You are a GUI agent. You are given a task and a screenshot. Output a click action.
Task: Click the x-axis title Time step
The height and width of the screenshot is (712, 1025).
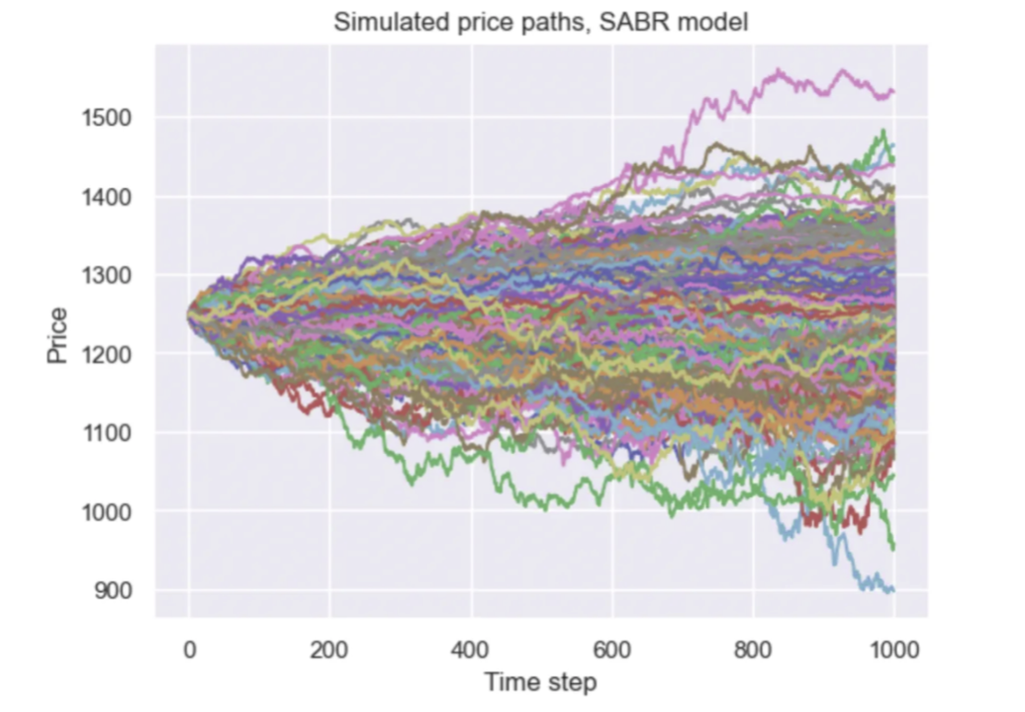click(540, 681)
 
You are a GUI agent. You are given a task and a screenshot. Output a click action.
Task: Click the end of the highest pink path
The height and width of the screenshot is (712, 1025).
click(893, 92)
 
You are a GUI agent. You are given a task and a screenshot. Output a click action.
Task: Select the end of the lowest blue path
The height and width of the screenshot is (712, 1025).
click(893, 590)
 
